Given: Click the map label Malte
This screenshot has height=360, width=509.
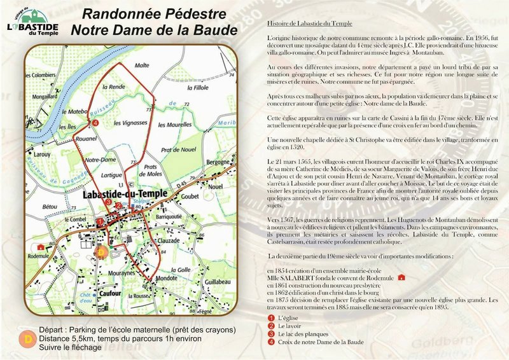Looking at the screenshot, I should coord(142,65).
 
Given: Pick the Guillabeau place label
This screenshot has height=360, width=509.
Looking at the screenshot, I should coord(218,280).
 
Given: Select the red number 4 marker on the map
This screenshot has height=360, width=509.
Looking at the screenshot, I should coord(95,122).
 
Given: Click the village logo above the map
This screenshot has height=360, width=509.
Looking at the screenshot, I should coord(32,23).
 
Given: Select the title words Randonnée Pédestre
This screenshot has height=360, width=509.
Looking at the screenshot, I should coord(153,15).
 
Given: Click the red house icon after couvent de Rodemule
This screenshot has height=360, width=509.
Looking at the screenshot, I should coord(401,278).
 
